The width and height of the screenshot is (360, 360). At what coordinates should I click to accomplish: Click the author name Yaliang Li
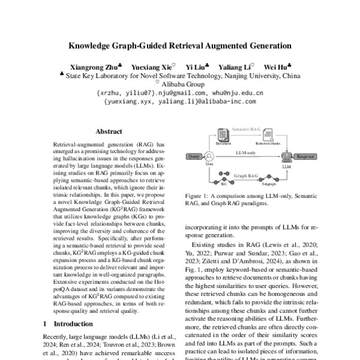pos(236,67)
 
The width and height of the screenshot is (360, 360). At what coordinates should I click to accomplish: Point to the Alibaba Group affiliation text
pos(183,85)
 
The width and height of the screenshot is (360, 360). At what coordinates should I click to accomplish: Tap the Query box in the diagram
pos(194,156)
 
